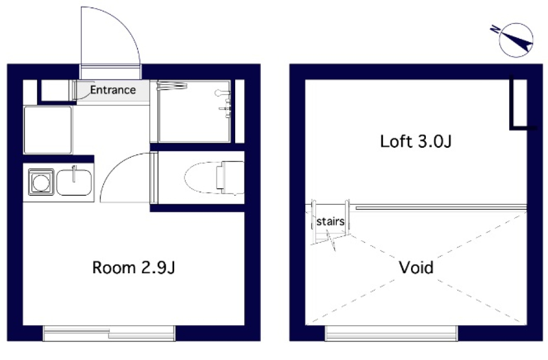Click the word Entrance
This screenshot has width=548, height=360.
coord(113,90)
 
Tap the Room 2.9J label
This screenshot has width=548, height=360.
coord(134,268)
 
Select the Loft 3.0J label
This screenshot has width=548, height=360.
coord(416,141)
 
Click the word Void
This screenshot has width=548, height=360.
coord(416,268)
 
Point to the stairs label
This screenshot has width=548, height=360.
coord(331,221)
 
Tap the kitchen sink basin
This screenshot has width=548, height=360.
coord(74,182)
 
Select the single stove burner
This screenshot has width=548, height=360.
coord(41,182)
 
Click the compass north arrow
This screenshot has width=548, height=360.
coord(517,40)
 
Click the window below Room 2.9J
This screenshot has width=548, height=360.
coord(109,333)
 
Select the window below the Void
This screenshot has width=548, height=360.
coord(392,333)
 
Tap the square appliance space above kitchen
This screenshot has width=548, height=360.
coord(48,130)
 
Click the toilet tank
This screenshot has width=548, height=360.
coord(229,178)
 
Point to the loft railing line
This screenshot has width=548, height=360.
coord(441,208)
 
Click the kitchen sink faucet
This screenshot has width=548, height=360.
coord(74,173)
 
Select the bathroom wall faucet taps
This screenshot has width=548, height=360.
coord(225,108)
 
